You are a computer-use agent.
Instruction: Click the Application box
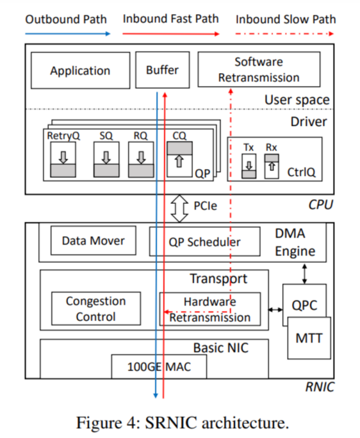coord(80,70)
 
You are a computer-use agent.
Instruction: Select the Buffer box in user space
coord(162,70)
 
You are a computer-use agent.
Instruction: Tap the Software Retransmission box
coord(259,70)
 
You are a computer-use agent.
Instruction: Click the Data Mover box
coord(93,241)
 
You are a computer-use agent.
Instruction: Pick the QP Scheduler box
coord(205,241)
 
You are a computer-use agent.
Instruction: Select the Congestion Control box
coord(96,309)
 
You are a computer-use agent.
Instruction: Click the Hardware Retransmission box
coord(210,309)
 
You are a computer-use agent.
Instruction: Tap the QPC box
coord(304,305)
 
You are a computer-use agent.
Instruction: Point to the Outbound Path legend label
coord(66,19)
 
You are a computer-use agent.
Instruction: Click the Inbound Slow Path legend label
coord(286,19)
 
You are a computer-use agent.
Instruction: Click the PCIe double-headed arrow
coord(180,206)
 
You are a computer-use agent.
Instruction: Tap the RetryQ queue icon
coord(63,160)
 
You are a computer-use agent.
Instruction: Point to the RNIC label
coord(318,387)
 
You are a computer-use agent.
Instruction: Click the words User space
coord(297,100)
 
